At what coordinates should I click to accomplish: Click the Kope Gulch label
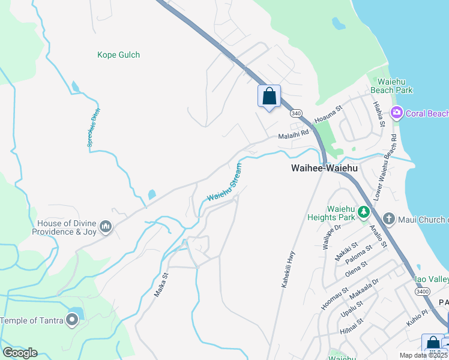pos(118,55)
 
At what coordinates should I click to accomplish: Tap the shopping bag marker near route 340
pos(269,96)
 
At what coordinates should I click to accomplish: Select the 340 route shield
pos(295,113)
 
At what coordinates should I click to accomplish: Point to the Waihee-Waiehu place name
pos(324,169)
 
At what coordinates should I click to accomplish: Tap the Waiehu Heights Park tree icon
pos(363,211)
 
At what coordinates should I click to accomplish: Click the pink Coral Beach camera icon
pos(396,113)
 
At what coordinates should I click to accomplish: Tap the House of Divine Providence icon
pos(106,226)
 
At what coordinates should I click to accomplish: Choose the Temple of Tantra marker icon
pos(73,320)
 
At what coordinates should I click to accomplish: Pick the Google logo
pos(19,352)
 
